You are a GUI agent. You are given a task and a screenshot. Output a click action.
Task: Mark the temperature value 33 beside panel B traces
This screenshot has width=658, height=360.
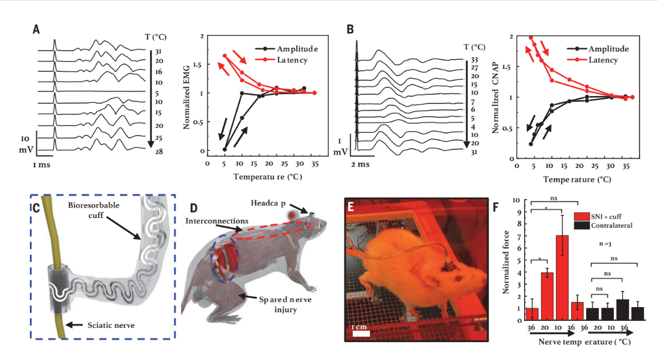tap(474, 59)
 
